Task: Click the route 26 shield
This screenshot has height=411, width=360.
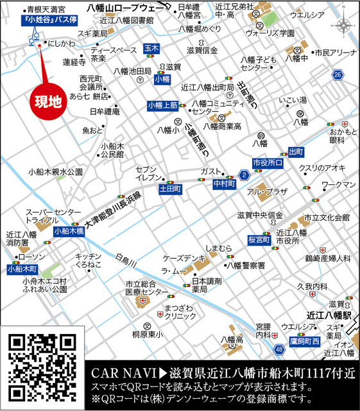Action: (x=338, y=76)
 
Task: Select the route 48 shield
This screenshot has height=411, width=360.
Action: (x=279, y=349)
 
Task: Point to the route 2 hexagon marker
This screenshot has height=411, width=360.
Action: (x=243, y=175)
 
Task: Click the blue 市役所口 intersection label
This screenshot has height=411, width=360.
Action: (x=268, y=163)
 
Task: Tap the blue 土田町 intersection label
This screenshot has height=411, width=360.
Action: (x=171, y=189)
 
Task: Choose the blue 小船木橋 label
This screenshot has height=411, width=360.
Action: (x=69, y=231)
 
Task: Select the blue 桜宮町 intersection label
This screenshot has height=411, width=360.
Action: (x=259, y=240)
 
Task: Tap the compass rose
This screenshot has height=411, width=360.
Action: (x=344, y=26)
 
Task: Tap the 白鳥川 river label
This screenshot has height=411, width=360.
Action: (x=126, y=260)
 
